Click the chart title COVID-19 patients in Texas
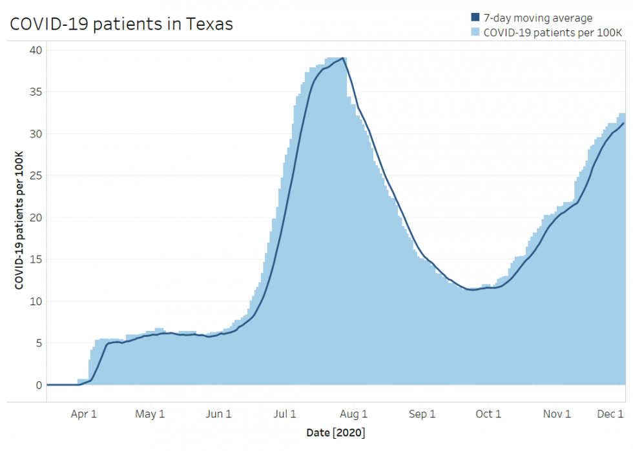(x=121, y=24)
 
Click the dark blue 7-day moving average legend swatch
(x=476, y=18)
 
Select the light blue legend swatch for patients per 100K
(x=476, y=32)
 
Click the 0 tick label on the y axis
(x=38, y=385)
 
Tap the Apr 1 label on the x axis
(x=84, y=414)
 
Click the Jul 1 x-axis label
(x=285, y=414)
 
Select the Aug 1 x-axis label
(x=354, y=414)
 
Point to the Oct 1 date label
(x=488, y=414)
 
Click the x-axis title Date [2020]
(x=337, y=432)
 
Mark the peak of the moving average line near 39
(x=343, y=58)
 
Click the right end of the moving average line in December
(x=623, y=123)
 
